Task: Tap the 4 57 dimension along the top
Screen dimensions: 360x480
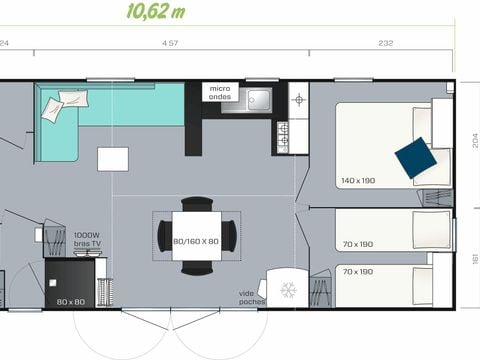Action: point(171,43)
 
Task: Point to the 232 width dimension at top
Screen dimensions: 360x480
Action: point(386,43)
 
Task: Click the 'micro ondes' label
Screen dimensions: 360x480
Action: point(218,92)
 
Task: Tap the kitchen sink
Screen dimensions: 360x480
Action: point(258,99)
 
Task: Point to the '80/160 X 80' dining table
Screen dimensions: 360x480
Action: point(195,240)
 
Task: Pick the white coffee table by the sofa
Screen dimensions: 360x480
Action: point(112,159)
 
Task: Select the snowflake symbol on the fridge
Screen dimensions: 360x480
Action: point(288,289)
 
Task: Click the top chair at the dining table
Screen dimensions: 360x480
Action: point(195,206)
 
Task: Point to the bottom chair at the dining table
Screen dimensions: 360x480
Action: point(195,268)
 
